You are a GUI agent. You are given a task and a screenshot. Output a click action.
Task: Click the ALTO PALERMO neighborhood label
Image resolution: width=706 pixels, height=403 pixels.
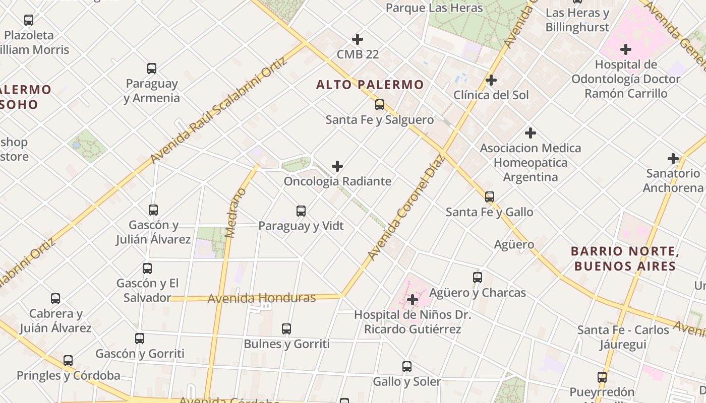click(x=370, y=85)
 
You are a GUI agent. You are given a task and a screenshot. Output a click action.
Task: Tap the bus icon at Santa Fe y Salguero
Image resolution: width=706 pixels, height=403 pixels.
click(x=380, y=105)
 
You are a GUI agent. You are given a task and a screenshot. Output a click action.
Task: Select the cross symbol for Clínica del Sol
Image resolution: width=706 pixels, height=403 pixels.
click(x=491, y=80)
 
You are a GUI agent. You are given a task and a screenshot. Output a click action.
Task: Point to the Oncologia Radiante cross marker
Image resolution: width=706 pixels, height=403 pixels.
click(x=337, y=166)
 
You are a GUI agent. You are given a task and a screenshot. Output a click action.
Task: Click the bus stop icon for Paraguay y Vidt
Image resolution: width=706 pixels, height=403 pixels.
click(x=301, y=211)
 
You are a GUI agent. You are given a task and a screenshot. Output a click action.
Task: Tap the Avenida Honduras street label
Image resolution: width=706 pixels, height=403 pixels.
click(x=262, y=298)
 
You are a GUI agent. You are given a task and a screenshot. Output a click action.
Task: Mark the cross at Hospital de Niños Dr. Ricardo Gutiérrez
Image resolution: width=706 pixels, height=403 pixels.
click(x=413, y=300)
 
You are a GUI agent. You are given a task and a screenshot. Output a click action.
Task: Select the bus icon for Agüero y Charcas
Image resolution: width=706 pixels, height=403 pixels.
click(x=478, y=277)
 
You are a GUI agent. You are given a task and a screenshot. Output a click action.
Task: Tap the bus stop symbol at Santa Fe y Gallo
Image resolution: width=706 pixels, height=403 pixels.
click(x=490, y=197)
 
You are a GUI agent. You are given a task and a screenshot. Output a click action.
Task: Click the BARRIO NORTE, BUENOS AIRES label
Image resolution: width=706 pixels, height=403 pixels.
click(x=625, y=258)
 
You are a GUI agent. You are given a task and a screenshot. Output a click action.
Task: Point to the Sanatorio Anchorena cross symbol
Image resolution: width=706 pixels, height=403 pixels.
click(x=673, y=159)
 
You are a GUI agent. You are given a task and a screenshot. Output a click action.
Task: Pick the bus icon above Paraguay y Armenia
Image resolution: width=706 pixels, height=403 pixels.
click(x=152, y=69)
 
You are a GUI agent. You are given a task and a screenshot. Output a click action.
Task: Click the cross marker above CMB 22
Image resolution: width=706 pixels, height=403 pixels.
click(x=358, y=39)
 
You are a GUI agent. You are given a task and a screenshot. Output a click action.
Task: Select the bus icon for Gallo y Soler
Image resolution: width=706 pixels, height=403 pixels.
click(x=407, y=367)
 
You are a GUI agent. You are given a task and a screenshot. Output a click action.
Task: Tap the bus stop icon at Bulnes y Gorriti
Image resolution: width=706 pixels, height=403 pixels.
click(x=286, y=329)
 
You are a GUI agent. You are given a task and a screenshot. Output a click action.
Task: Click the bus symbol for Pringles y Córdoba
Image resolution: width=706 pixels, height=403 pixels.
click(x=68, y=361)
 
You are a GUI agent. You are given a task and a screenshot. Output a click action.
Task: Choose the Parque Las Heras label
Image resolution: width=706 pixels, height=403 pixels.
click(x=434, y=8)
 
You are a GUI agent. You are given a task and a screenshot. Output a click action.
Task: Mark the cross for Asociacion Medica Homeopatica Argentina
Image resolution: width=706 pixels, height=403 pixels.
click(x=530, y=133)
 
